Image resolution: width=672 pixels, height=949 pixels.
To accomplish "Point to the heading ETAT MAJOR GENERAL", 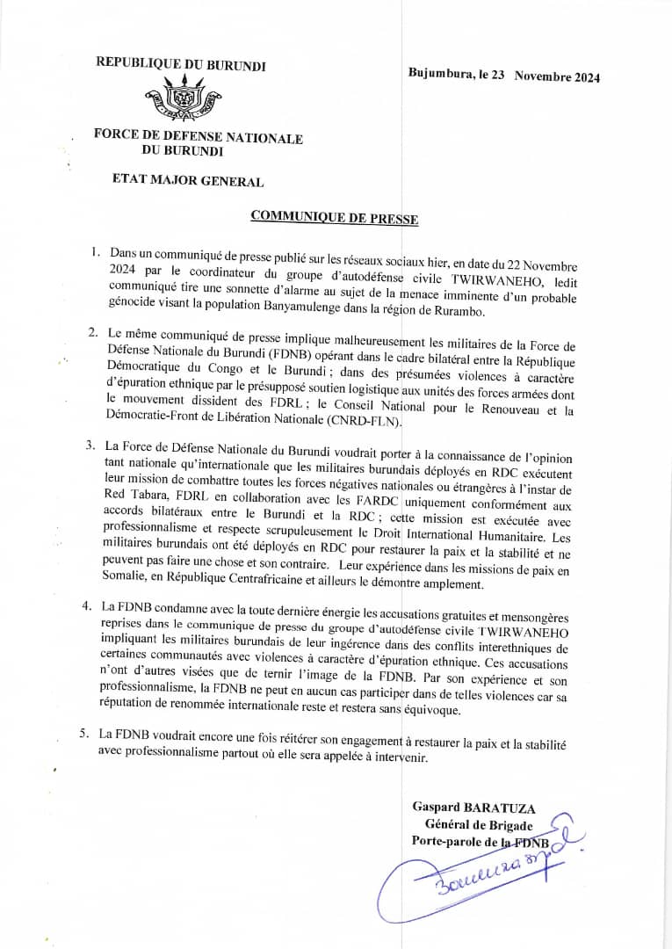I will click(187, 181).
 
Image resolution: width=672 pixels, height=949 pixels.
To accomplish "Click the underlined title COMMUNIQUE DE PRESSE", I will click(334, 216).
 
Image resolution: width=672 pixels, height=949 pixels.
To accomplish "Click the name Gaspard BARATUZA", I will click(473, 807).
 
